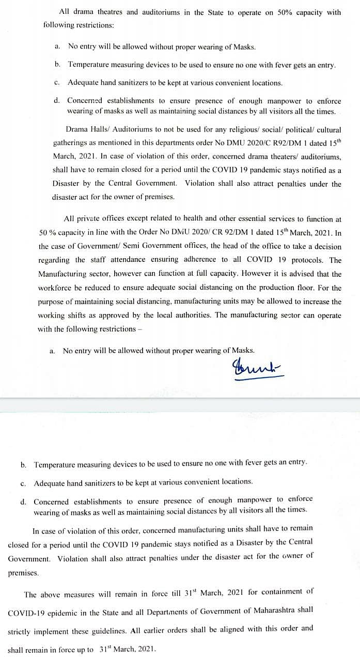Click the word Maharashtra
pyautogui.click(x=271, y=610)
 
